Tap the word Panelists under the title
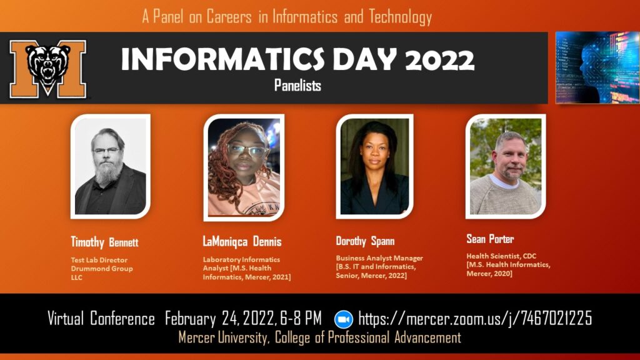point(297,86)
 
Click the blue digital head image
point(597,67)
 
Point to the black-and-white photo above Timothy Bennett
point(110,166)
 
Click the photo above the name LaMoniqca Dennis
point(244,167)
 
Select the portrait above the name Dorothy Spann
point(374,166)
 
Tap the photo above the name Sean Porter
point(505,166)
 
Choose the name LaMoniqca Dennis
point(242,241)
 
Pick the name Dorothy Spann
point(365,241)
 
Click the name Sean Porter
point(490,239)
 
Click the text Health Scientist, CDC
point(501,256)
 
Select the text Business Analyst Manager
point(379,258)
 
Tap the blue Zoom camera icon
point(344,319)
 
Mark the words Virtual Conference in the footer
point(101,319)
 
